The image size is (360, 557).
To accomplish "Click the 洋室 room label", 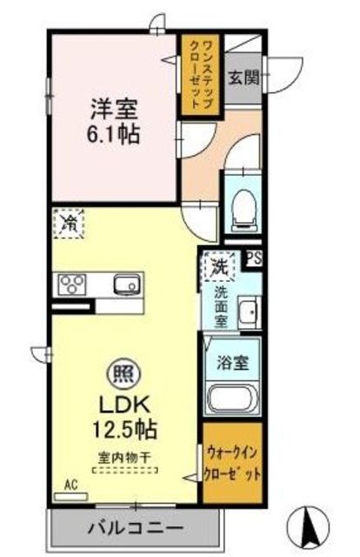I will point(114,109).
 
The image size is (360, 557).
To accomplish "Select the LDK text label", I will point(123,405).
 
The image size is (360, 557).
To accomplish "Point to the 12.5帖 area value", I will point(123,429).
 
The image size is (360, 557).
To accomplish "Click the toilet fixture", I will point(243,206).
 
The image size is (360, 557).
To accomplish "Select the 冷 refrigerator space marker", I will point(68,223).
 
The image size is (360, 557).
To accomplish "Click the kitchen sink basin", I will point(126,284).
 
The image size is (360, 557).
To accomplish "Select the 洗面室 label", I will point(222,307).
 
